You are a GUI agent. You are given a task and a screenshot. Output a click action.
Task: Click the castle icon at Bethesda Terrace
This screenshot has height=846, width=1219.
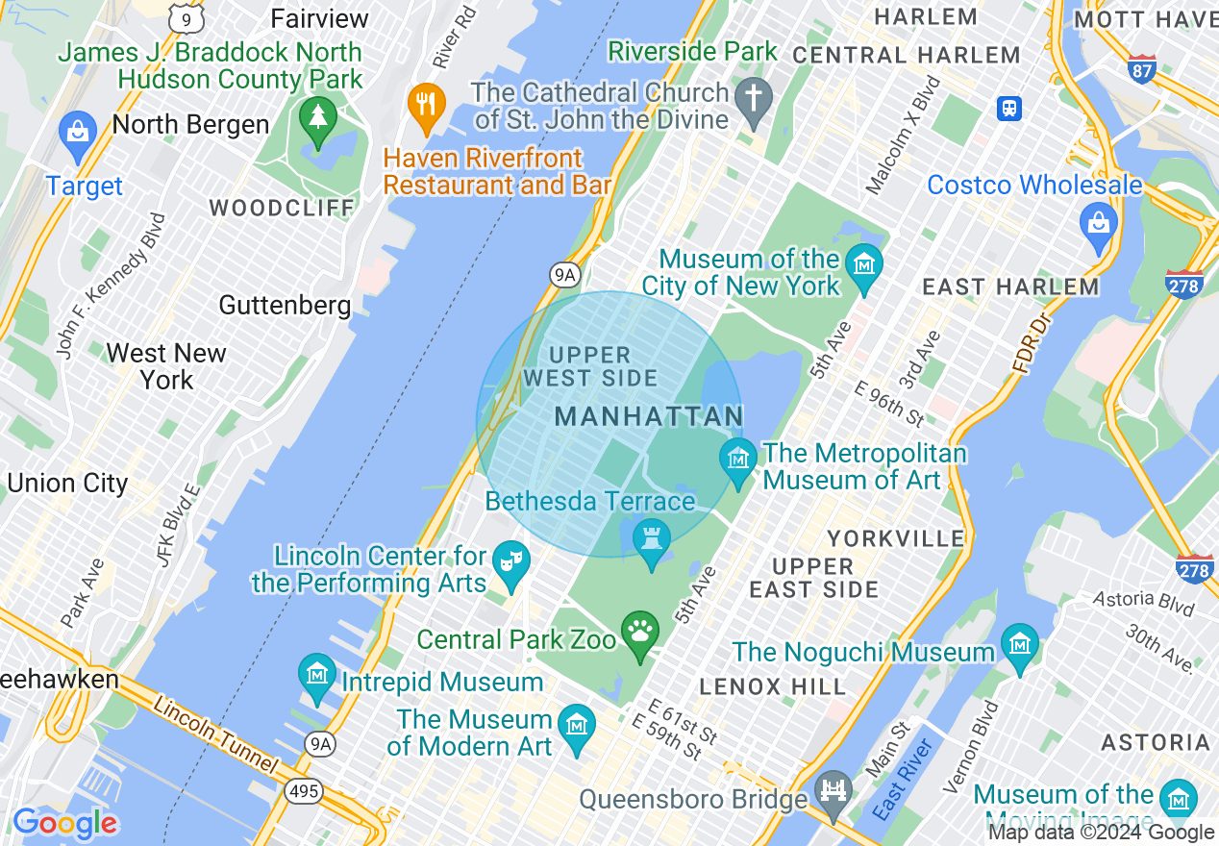click(x=652, y=539)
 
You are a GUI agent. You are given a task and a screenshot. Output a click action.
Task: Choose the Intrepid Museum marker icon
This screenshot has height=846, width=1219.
click(x=316, y=676)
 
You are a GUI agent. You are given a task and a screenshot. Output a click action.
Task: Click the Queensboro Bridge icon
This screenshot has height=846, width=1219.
click(x=833, y=791)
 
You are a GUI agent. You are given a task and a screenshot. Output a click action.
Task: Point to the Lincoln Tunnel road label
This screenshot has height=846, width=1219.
click(x=215, y=736)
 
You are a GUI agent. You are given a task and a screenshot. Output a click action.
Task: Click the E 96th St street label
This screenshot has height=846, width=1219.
click(x=889, y=404)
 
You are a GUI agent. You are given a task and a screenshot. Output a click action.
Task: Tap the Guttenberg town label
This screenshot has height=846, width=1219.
click(x=285, y=306)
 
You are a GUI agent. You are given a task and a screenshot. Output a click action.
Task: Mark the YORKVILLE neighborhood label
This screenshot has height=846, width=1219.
click(x=895, y=537)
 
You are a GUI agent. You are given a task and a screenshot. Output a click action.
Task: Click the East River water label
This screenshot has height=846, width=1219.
click(x=905, y=779)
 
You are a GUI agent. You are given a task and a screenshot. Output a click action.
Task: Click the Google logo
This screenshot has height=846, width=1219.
click(x=64, y=824)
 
